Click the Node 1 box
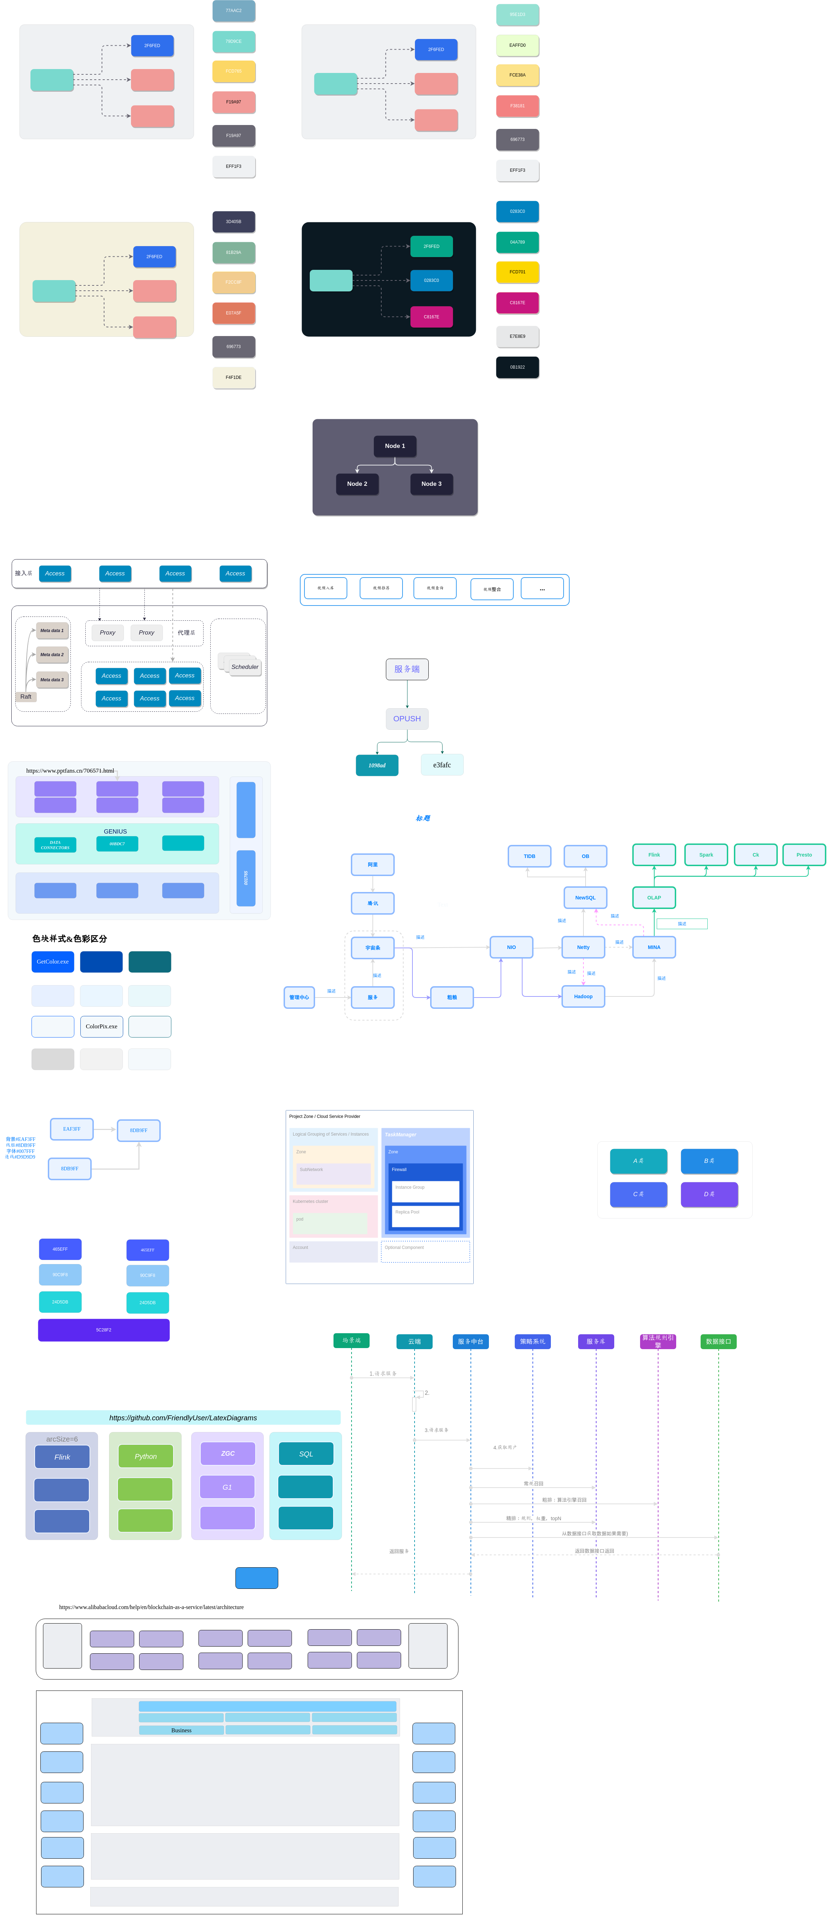pos(394,446)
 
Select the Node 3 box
pos(431,484)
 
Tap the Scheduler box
pos(245,667)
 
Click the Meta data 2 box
pos(52,655)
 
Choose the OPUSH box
pos(406,719)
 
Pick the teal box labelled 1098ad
pos(377,765)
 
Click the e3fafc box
pos(442,765)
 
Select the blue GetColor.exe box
pos(53,961)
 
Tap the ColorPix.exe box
pos(101,1027)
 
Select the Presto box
pos(804,855)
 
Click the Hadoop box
pos(583,996)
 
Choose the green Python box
pos(146,1456)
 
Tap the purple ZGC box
pos(227,1453)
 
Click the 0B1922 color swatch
pos(517,367)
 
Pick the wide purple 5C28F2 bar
pos(104,1330)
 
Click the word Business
pos(181,1730)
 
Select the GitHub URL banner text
pos(183,1418)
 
